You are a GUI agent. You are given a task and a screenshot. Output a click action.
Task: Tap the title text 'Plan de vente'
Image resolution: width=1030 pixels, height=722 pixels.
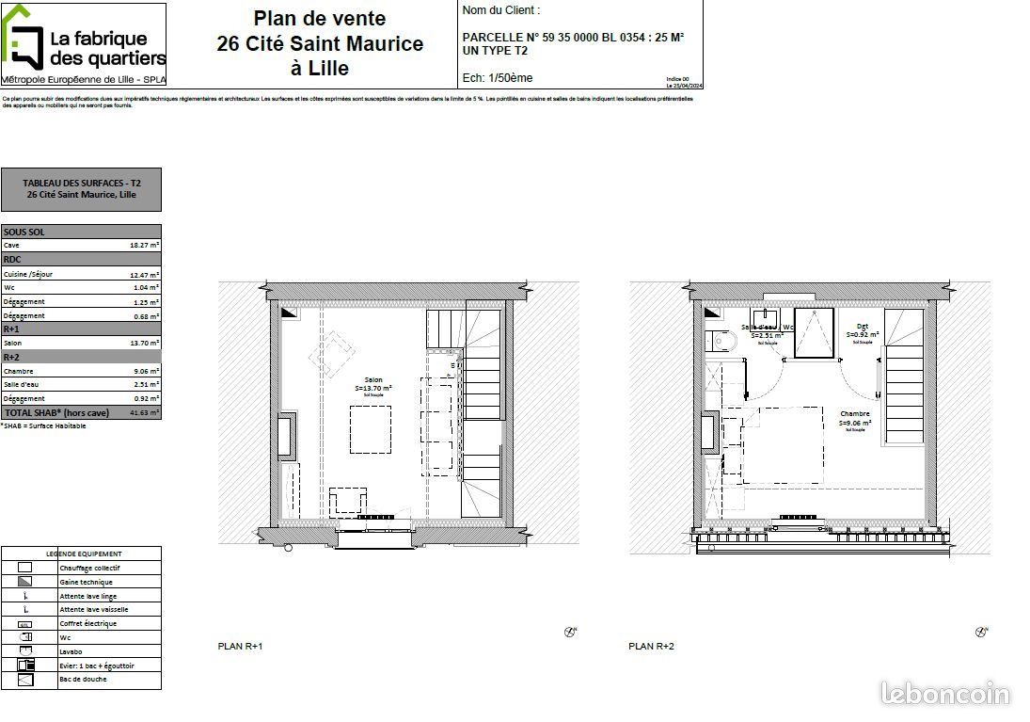[x=320, y=18]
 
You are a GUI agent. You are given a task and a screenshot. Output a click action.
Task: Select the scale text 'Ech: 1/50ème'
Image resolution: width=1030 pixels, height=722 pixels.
[x=498, y=78]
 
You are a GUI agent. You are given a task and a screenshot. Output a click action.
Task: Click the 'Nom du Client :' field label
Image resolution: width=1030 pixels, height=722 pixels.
[x=501, y=10]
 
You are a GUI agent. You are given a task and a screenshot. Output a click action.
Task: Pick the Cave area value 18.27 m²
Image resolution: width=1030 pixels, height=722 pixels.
[x=144, y=245]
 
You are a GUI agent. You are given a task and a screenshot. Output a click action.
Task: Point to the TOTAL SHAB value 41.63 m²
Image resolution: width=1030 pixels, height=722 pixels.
[x=144, y=412]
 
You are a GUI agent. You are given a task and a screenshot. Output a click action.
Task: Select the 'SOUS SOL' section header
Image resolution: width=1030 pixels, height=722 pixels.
[x=24, y=232]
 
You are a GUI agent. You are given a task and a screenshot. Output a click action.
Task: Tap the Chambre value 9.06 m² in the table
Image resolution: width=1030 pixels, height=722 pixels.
[x=144, y=371]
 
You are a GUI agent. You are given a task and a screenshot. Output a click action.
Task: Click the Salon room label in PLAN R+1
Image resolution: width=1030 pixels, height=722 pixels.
[x=373, y=380]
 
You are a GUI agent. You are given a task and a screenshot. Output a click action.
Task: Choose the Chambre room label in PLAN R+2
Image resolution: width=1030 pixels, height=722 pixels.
[x=855, y=414]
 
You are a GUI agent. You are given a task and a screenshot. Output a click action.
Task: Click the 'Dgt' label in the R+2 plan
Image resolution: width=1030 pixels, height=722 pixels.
[x=862, y=326]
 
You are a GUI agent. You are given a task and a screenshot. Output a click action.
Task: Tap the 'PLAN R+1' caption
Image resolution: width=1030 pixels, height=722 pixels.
[x=240, y=647]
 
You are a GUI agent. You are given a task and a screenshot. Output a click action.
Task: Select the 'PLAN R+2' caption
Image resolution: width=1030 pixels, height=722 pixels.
[x=651, y=647]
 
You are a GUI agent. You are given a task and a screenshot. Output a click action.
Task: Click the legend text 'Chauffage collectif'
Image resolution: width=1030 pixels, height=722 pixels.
[x=89, y=568]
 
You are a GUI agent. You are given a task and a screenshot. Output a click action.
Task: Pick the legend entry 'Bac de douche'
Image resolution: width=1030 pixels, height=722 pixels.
[x=83, y=679]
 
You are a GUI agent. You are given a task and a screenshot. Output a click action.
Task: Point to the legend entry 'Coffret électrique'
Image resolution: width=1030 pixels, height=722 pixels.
[x=88, y=623]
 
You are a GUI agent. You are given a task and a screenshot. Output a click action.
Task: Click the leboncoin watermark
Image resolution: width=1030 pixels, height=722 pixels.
[x=945, y=695]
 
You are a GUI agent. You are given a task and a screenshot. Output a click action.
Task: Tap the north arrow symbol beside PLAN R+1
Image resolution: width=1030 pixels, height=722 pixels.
[x=570, y=632]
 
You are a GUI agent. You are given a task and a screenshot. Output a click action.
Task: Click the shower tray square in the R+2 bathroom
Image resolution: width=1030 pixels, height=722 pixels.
[x=814, y=332]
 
